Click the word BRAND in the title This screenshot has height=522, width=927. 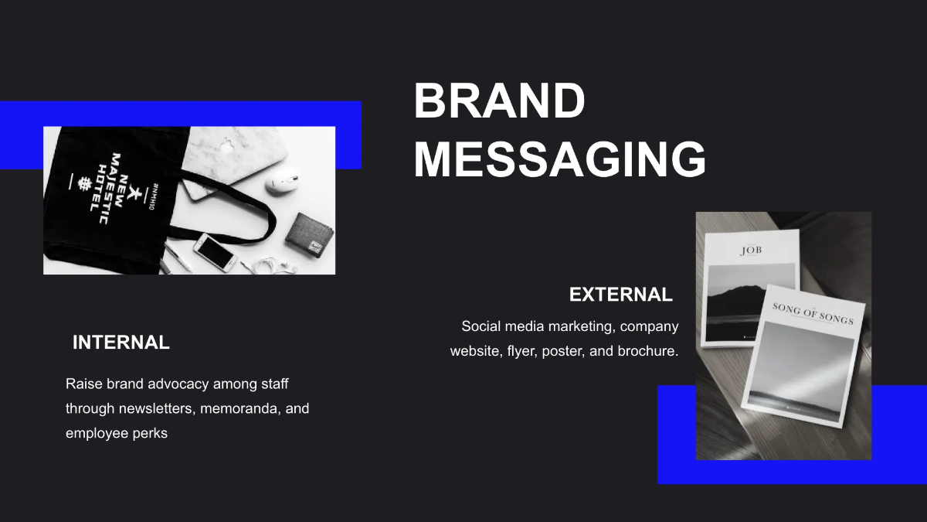point(499,101)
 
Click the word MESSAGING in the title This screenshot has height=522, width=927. point(559,160)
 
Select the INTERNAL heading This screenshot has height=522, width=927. point(121,343)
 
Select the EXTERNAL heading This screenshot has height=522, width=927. point(620,295)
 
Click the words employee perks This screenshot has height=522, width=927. point(116,433)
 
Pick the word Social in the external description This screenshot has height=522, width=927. point(480,326)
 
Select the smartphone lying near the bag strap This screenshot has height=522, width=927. point(214,252)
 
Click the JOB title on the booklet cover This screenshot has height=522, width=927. point(751,251)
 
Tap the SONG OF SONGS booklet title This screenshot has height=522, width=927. point(813,312)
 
